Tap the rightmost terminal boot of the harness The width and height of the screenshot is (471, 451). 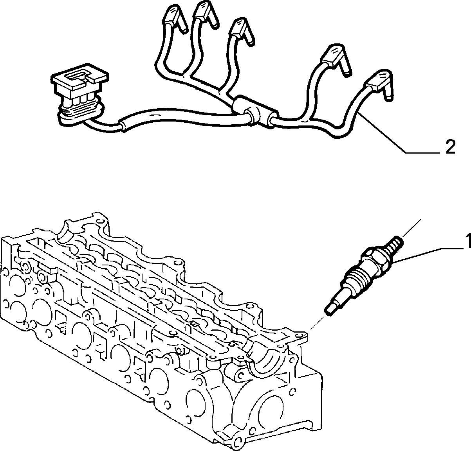pos(380,84)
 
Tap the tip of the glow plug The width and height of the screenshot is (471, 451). pos(330,310)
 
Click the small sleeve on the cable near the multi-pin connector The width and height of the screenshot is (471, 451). pos(123,125)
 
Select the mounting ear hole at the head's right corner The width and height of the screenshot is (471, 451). pos(301,335)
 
